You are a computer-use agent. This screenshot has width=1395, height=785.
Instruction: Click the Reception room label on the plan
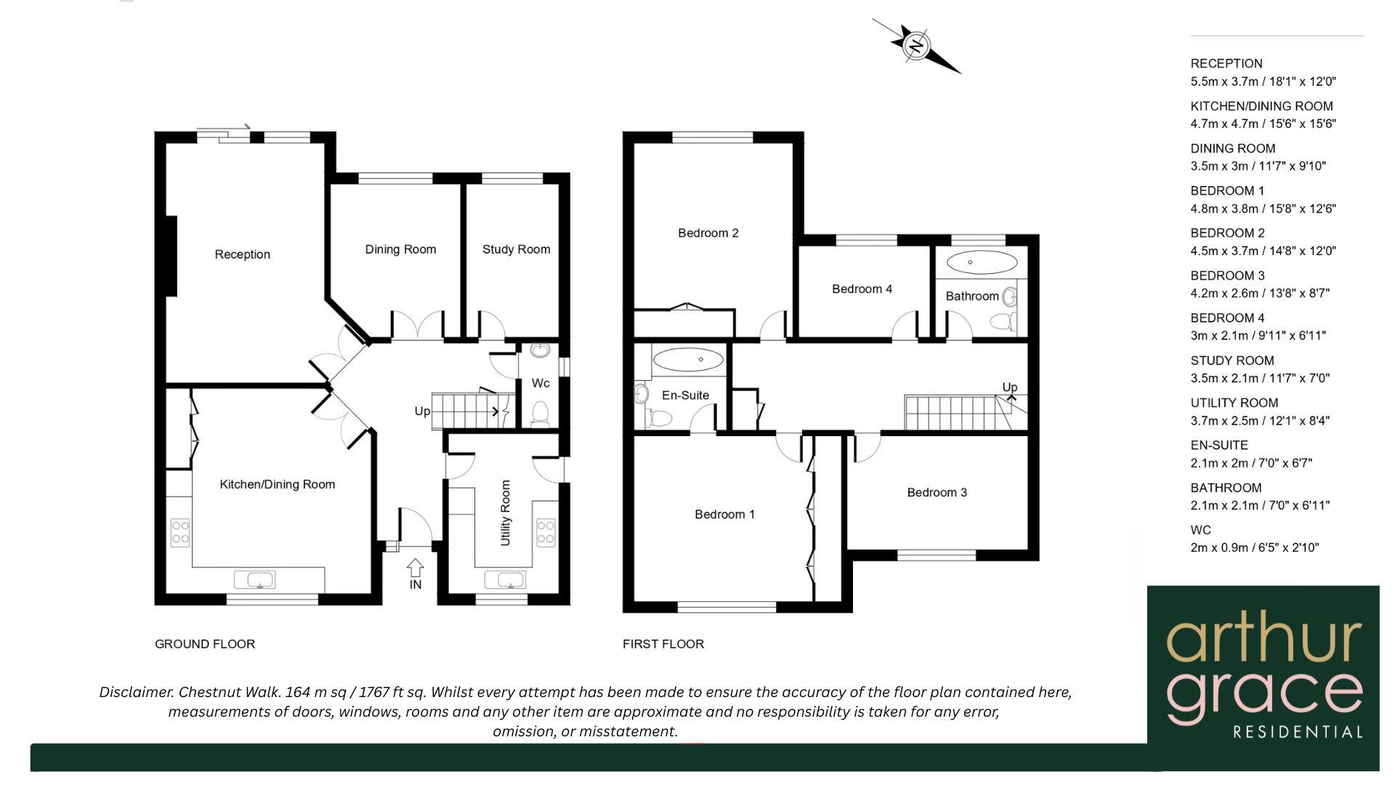tap(242, 254)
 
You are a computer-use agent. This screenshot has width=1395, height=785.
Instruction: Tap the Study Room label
tap(516, 249)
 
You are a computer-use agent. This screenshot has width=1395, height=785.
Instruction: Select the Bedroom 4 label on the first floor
tap(862, 289)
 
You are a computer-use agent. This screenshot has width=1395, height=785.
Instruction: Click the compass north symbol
tap(917, 46)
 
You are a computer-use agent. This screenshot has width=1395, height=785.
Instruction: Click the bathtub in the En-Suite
tap(688, 359)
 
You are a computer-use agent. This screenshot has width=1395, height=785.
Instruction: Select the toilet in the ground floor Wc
tap(540, 414)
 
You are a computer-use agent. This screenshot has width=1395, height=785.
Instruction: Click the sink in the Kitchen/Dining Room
tap(254, 579)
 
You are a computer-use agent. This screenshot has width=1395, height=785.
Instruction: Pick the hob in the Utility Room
tap(546, 532)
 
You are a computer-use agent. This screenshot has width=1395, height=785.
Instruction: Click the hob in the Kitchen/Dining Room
tap(180, 532)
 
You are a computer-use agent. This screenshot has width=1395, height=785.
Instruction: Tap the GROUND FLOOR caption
tap(205, 644)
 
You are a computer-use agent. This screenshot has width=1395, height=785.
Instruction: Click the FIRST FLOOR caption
tap(663, 644)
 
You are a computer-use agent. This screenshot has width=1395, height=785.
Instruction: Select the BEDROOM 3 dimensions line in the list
tap(1260, 294)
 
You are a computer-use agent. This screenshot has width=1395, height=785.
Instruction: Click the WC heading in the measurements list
tap(1201, 530)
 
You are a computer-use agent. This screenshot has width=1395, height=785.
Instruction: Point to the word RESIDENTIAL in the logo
tap(1298, 732)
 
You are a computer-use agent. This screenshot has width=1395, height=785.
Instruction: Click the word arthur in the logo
tap(1263, 640)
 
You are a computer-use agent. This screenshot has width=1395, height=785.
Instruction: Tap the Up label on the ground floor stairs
tap(422, 411)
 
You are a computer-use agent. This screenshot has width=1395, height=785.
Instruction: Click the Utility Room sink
tap(504, 579)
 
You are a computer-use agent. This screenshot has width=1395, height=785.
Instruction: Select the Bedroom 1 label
tap(724, 515)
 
